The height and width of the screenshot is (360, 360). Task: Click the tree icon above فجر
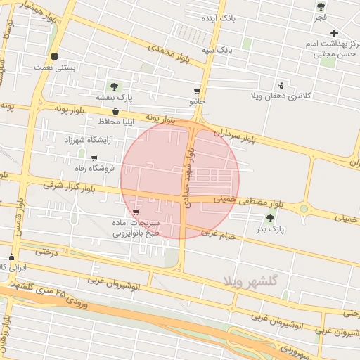321,6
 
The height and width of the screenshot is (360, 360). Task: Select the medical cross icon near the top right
335,33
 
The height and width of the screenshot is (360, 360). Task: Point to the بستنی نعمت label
55,68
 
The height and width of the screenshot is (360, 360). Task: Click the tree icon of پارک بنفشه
114,86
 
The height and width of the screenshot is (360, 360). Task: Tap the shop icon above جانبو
197,91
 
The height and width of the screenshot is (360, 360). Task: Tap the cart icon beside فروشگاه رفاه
94,157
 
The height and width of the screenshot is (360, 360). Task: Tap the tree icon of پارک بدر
271,218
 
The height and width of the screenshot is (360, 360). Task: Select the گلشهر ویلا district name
251,281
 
